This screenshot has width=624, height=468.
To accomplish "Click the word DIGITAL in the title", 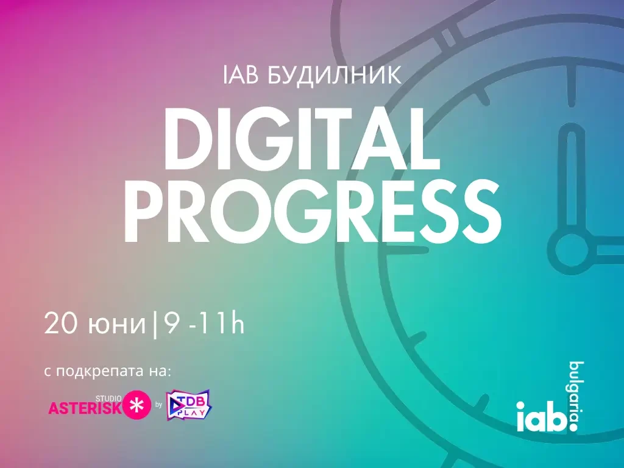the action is (x=302, y=138).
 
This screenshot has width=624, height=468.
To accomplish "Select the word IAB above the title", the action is (x=241, y=74).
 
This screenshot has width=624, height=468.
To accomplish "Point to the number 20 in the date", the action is (x=60, y=323).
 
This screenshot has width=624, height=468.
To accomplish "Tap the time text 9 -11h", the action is (x=204, y=323).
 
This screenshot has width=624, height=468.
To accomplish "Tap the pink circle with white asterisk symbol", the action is (x=137, y=405).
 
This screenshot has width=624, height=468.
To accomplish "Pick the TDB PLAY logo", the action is (x=189, y=405).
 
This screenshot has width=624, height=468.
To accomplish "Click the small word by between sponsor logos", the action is (x=159, y=405).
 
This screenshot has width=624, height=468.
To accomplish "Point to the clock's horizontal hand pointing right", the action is (x=609, y=250).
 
